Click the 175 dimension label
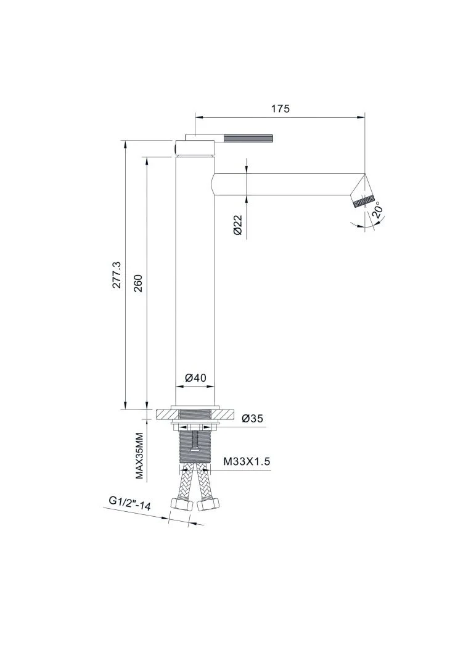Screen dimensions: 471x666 pos(281,109)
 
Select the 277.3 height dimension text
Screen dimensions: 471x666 pos(118,275)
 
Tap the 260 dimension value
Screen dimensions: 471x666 pos(139,283)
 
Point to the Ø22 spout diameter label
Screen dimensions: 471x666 pos(237,224)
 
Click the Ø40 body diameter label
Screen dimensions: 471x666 pos(195,377)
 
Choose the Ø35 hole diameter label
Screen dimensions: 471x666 pos(252,418)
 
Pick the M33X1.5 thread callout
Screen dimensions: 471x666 pos(247,462)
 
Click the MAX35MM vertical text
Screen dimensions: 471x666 pos(139,455)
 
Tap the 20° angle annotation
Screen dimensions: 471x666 pos(377,211)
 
